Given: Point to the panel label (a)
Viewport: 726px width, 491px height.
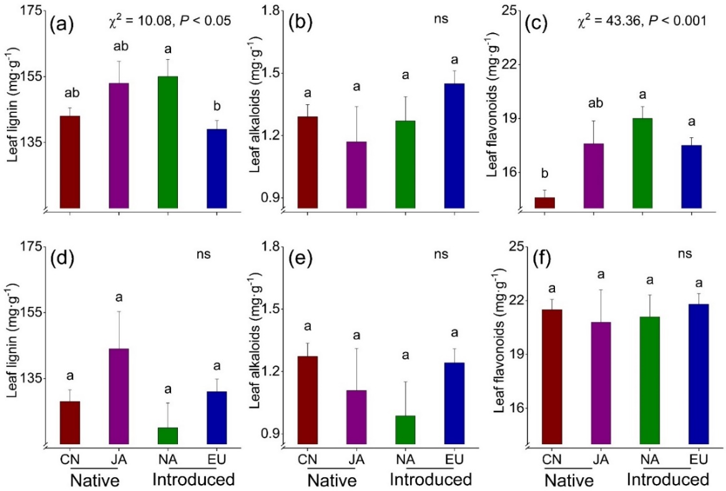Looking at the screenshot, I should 62,26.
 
